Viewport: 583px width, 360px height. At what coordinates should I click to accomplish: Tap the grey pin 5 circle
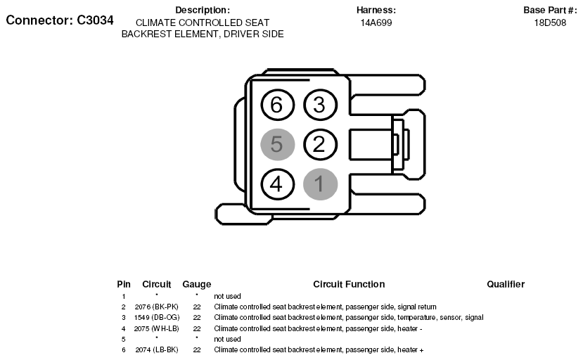click(277, 144)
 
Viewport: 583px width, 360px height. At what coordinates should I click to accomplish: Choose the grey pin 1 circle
click(320, 184)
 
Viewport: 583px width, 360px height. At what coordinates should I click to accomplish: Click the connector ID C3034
click(95, 20)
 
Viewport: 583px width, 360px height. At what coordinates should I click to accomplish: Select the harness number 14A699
click(376, 22)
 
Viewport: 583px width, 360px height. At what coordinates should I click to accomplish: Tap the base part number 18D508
click(550, 22)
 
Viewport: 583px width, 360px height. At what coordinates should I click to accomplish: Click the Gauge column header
click(197, 285)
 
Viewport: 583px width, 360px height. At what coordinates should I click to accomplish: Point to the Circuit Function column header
click(349, 285)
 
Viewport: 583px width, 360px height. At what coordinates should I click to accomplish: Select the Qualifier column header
click(506, 285)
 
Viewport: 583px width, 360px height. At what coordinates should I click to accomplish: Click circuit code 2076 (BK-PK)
click(157, 307)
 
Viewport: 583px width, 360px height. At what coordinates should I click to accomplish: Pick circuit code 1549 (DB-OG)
click(157, 318)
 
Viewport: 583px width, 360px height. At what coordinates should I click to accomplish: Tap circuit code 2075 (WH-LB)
click(157, 329)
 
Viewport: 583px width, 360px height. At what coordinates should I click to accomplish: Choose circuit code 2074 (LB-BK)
click(157, 350)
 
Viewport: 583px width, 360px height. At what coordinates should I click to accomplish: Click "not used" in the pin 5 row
click(227, 339)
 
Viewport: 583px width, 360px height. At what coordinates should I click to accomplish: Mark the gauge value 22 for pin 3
click(197, 318)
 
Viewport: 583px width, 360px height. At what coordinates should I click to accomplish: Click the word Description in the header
click(203, 10)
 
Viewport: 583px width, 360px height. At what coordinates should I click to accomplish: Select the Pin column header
click(124, 285)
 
